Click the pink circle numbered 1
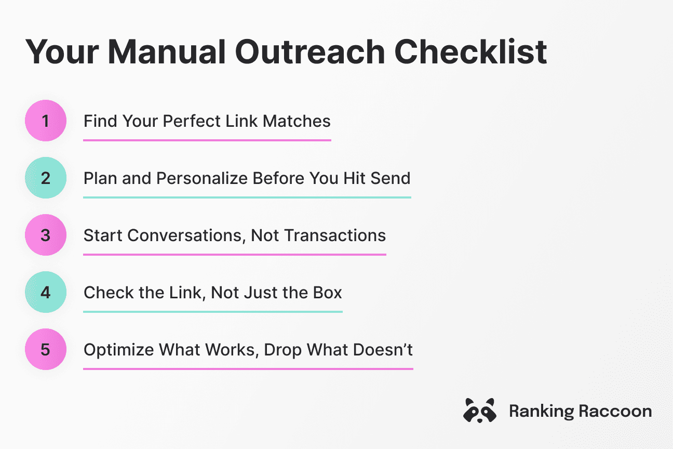[x=46, y=121]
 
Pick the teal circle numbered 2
[x=46, y=178]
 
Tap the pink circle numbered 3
[x=46, y=235]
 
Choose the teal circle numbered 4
[x=46, y=293]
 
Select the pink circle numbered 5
[x=46, y=349]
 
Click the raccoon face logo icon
[x=479, y=411]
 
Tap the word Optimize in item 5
[x=118, y=350]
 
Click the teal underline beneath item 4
[x=212, y=312]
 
